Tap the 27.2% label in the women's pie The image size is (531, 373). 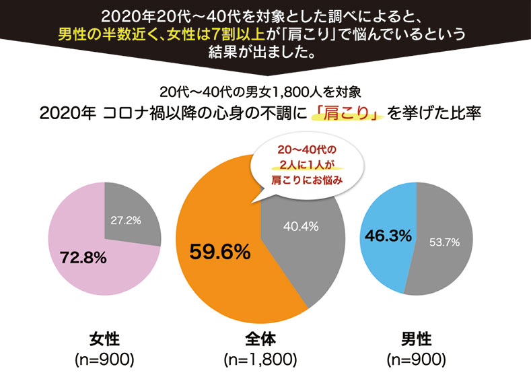click(126, 220)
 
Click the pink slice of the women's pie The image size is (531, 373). click(81, 276)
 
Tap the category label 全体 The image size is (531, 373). click(261, 337)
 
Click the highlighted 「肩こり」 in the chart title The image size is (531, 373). click(345, 112)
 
